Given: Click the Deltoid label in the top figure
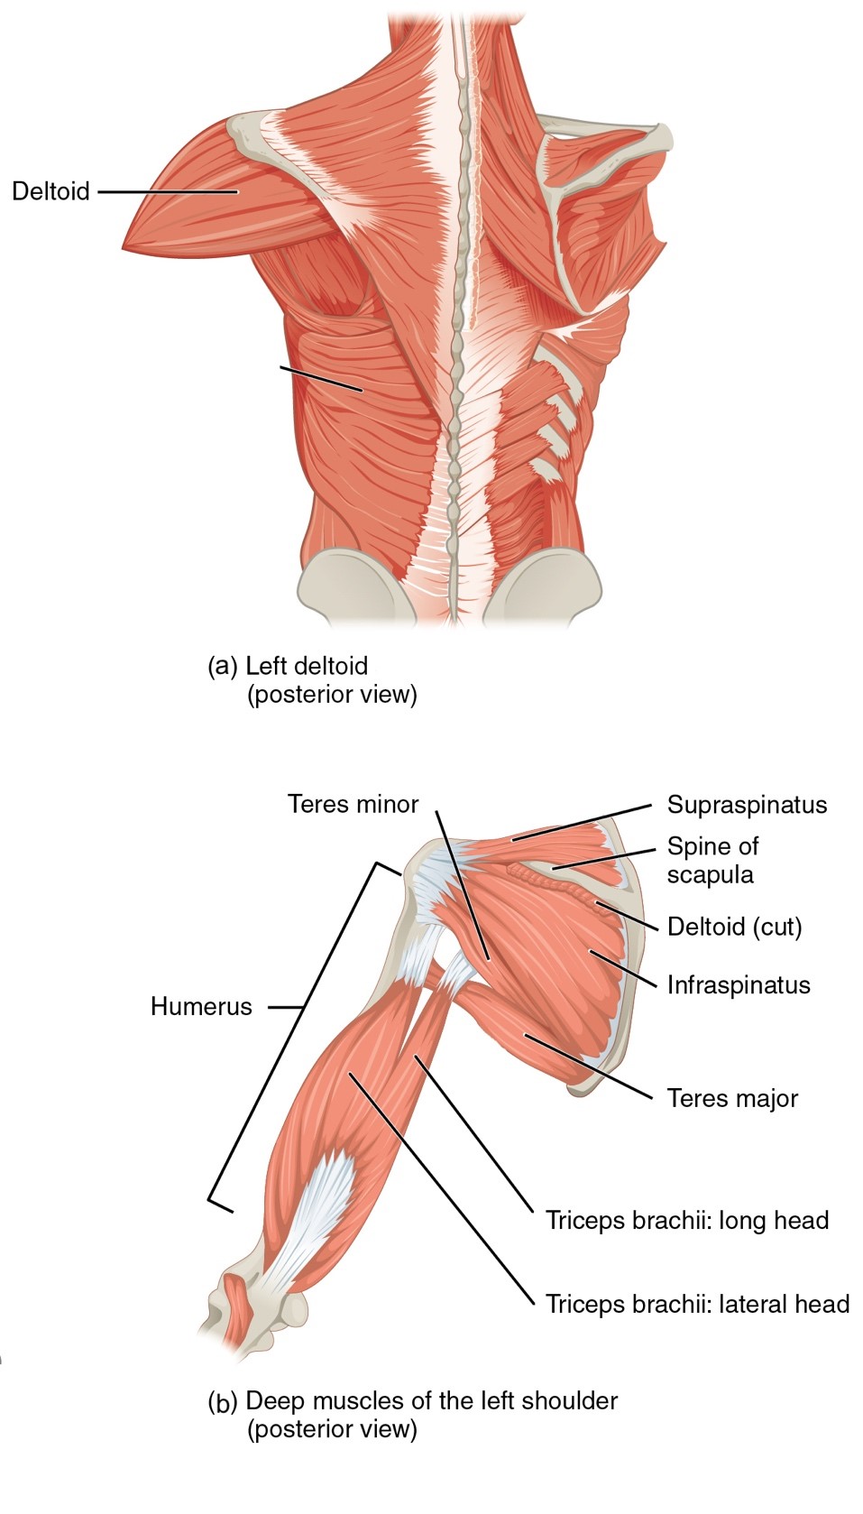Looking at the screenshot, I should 51,191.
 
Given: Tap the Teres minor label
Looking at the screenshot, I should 353,804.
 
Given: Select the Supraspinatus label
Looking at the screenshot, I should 747,805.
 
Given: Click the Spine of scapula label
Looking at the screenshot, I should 712,860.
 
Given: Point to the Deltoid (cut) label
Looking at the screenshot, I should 734,927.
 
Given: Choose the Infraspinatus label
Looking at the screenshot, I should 738,984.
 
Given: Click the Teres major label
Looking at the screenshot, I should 732,1098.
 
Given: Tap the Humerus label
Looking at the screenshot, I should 201,1006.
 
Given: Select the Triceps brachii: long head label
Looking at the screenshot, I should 686,1221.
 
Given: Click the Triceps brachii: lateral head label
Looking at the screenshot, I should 697,1304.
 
